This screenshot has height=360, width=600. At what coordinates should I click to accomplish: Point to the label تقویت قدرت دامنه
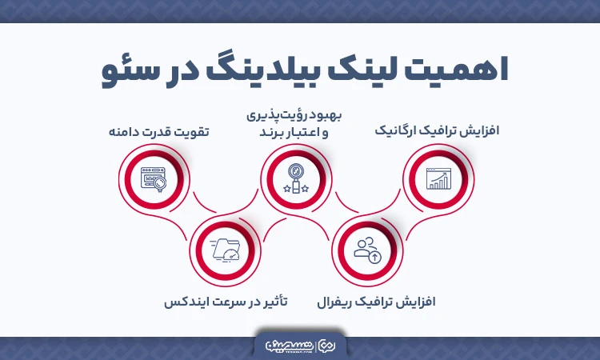coord(158,130)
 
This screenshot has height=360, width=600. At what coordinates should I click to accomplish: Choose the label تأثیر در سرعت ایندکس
coord(226,303)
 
